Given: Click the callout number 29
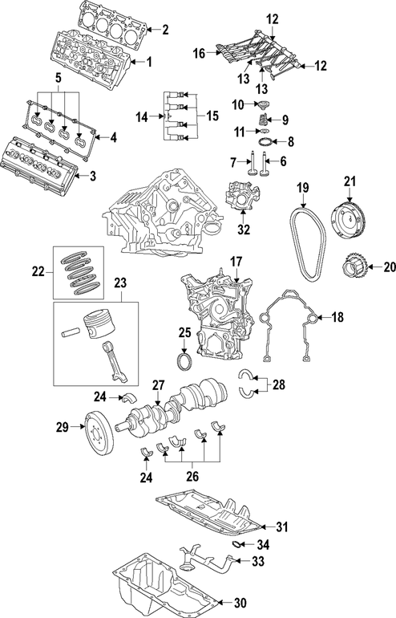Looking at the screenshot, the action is tap(63, 427).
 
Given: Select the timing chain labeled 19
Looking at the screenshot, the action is tap(308, 242).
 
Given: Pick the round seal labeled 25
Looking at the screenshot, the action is tap(184, 362).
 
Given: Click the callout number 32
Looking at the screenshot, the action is tap(244, 230).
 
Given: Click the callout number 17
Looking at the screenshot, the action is tap(236, 262).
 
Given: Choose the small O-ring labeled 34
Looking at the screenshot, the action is tap(236, 544).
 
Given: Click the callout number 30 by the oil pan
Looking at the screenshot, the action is tap(240, 603).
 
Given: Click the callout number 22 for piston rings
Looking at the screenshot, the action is tap(38, 271).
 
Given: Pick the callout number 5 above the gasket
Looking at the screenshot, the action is tap(59, 78).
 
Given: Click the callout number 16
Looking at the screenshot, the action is tap(200, 53).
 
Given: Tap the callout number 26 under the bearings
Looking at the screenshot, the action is tap(192, 476).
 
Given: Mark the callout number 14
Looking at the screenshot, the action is tap(143, 116).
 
